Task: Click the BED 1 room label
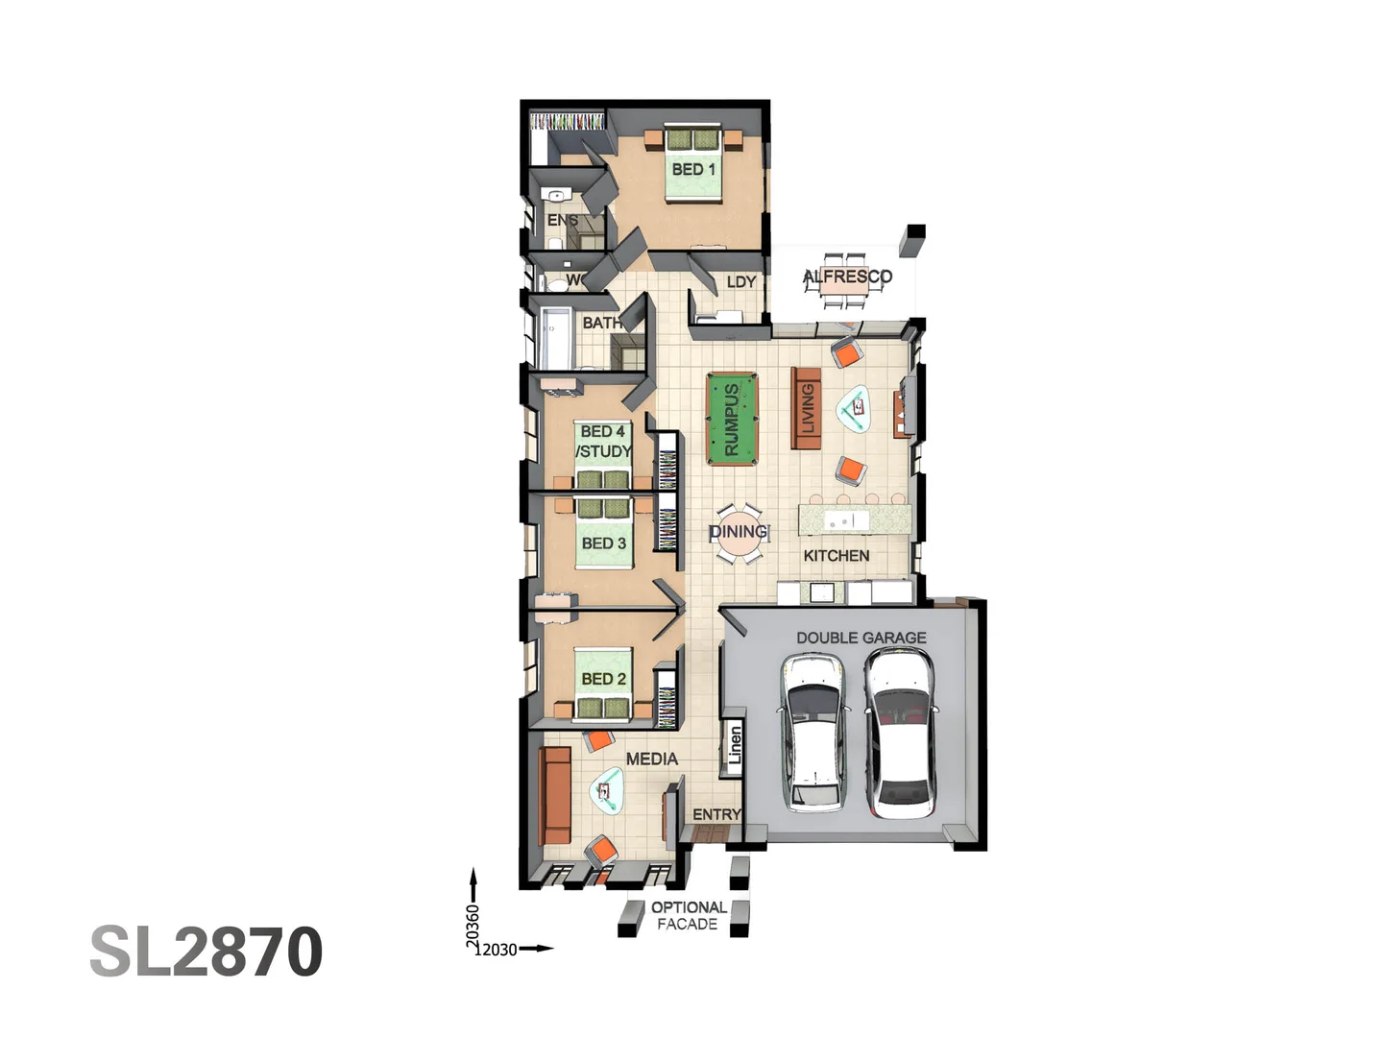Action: click(x=692, y=169)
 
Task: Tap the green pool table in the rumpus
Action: click(x=732, y=420)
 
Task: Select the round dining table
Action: click(x=739, y=533)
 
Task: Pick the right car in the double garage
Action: click(x=899, y=732)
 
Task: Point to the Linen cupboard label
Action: click(x=735, y=745)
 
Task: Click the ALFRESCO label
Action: click(x=847, y=277)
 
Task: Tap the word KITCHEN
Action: click(x=836, y=555)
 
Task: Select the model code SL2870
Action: click(x=206, y=952)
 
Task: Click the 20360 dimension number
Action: click(x=473, y=926)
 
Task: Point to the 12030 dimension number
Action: click(x=496, y=950)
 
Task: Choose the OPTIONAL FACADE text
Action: click(x=688, y=915)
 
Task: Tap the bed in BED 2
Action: click(x=603, y=685)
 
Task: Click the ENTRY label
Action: click(x=716, y=814)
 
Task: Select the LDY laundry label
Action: click(x=740, y=282)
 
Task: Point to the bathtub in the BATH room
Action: click(x=555, y=337)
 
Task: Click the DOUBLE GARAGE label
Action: click(x=861, y=638)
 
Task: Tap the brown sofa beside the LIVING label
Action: click(x=805, y=408)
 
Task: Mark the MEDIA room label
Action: click(x=651, y=759)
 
